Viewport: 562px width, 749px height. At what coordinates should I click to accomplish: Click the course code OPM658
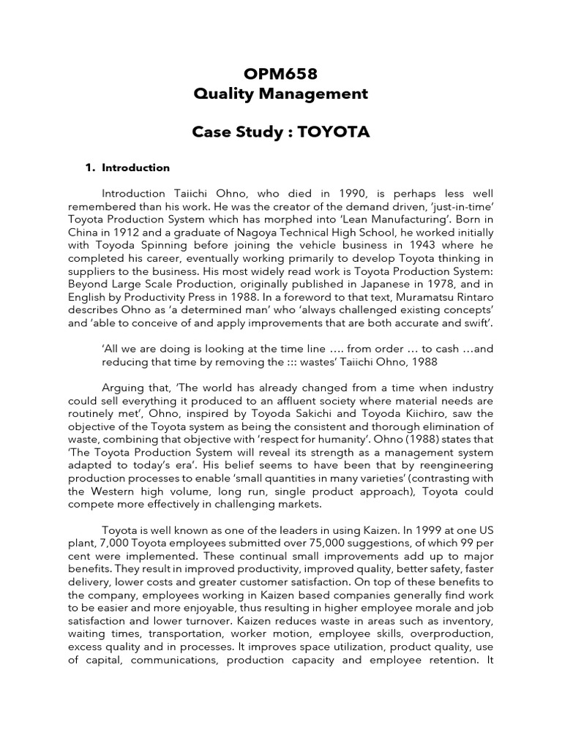tap(280, 72)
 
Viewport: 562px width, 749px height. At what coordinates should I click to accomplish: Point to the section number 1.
tap(90, 168)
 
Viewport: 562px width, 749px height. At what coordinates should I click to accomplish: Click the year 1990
tap(340, 193)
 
